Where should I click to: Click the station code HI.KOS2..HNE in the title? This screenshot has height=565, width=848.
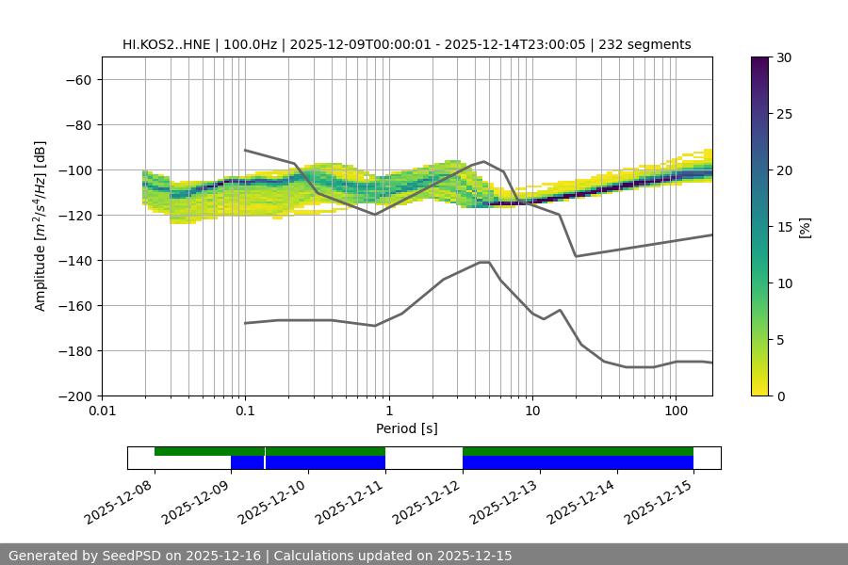(x=167, y=44)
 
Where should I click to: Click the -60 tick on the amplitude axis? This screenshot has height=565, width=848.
(x=77, y=79)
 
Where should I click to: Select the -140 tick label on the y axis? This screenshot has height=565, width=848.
(x=73, y=260)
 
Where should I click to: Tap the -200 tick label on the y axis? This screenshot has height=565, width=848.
(x=73, y=395)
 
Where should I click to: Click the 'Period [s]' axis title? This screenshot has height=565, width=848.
(x=407, y=428)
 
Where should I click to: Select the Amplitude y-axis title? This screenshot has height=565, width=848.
(x=40, y=226)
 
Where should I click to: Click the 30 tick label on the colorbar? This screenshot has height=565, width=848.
(x=784, y=57)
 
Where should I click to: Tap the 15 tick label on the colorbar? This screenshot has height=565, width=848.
(x=784, y=227)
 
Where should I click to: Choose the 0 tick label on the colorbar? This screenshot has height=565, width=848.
(x=780, y=395)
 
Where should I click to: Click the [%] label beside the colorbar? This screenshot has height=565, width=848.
(x=805, y=227)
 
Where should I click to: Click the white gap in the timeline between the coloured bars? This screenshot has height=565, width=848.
(x=424, y=458)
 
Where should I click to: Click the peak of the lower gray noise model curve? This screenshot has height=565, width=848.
(x=484, y=262)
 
